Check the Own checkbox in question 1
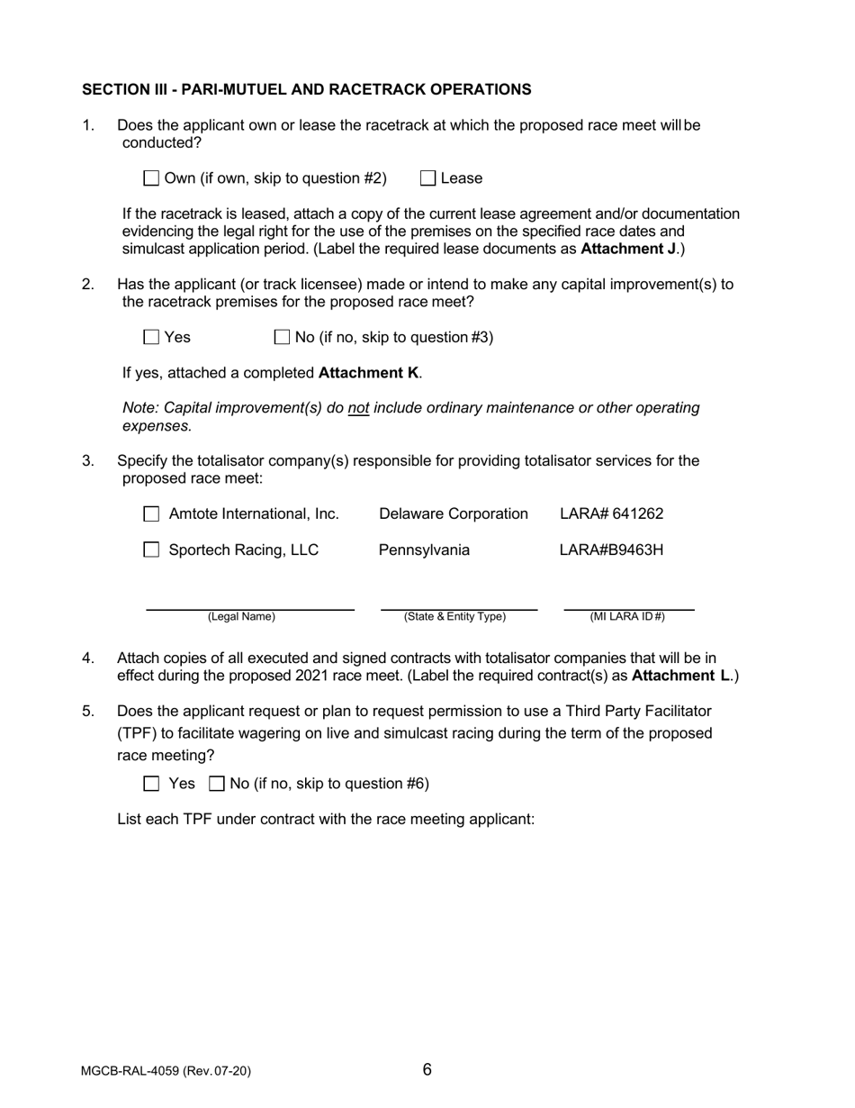pyautogui.click(x=152, y=178)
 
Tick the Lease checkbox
pyautogui.click(x=428, y=178)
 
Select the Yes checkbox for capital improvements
pyautogui.click(x=152, y=338)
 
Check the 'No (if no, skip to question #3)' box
pyautogui.click(x=281, y=338)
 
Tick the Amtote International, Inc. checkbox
pyautogui.click(x=152, y=514)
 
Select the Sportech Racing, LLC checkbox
pyautogui.click(x=152, y=549)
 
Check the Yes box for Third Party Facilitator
pyautogui.click(x=152, y=784)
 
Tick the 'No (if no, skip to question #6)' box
pyautogui.click(x=216, y=784)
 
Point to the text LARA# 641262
pyautogui.click(x=611, y=514)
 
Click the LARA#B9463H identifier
pyautogui.click(x=611, y=549)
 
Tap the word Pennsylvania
pyautogui.click(x=423, y=549)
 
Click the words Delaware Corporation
pyautogui.click(x=454, y=514)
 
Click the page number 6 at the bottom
pyautogui.click(x=427, y=1070)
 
